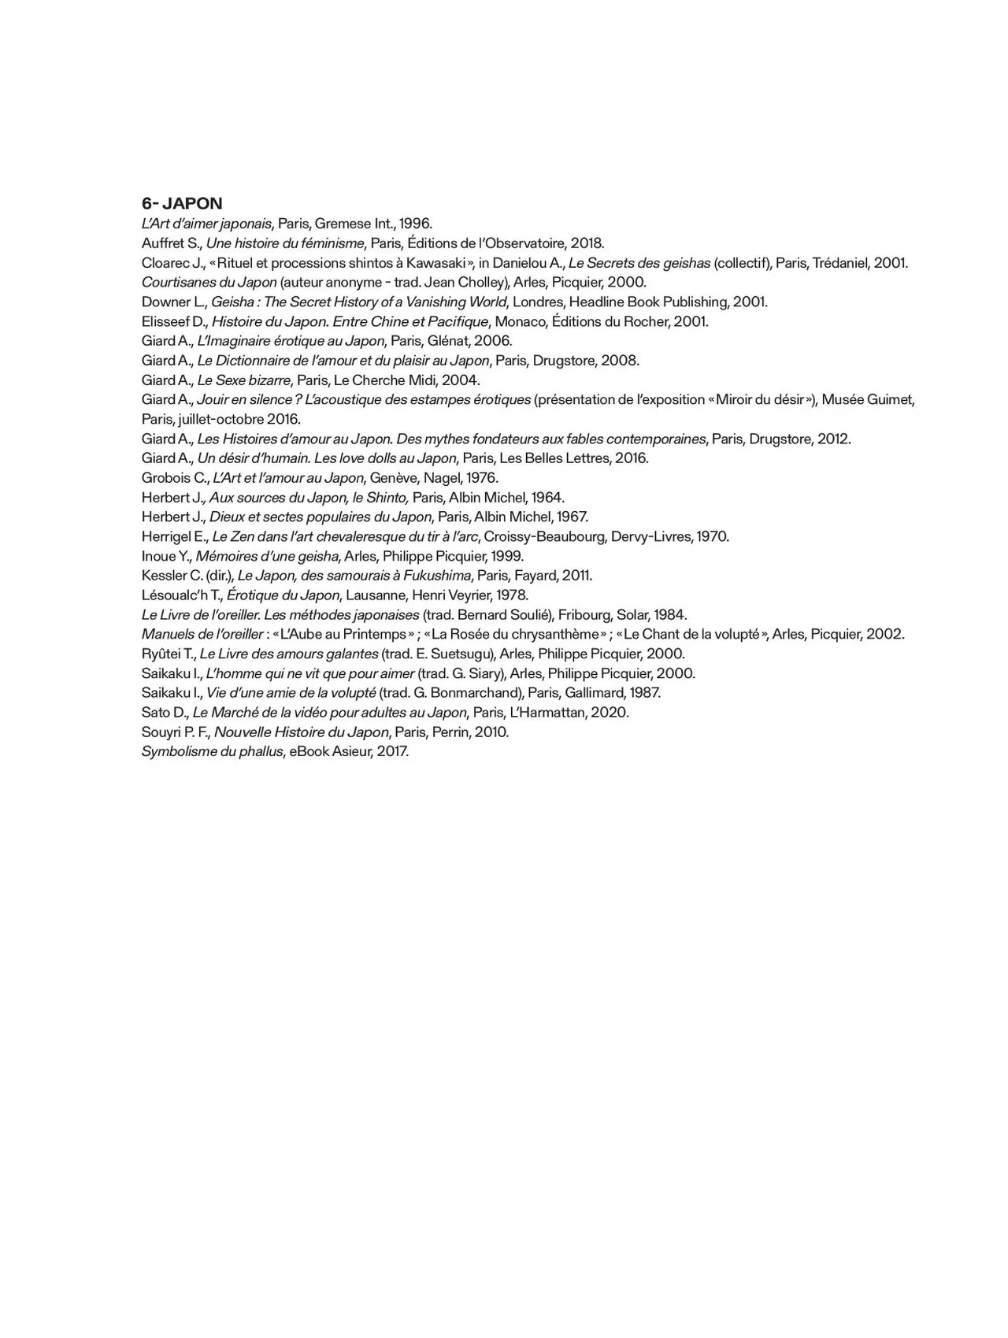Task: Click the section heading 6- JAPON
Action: point(182,203)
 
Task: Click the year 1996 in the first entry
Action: point(415,224)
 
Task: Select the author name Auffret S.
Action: point(171,243)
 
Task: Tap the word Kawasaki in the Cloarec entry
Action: point(436,263)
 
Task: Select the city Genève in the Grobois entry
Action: point(391,478)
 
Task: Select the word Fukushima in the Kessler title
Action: point(436,576)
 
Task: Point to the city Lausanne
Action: point(372,595)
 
